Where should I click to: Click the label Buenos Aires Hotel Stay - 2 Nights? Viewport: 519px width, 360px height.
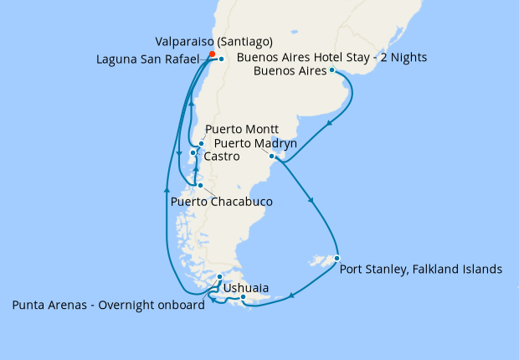click(x=332, y=58)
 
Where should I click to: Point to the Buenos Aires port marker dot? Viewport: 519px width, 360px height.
click(x=333, y=71)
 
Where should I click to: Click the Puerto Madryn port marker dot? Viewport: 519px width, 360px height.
click(x=272, y=156)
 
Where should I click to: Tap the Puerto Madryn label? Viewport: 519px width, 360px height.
click(x=254, y=143)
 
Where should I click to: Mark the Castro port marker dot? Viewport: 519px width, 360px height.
click(x=193, y=152)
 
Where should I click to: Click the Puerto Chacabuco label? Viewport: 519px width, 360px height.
click(x=222, y=202)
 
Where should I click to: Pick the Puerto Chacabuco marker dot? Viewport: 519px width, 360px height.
click(x=199, y=186)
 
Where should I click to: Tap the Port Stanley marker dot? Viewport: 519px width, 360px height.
click(x=337, y=258)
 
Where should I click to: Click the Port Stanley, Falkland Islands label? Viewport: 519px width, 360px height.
click(x=421, y=270)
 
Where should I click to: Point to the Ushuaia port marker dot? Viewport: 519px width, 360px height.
click(x=243, y=297)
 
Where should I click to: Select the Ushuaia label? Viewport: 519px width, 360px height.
click(x=246, y=288)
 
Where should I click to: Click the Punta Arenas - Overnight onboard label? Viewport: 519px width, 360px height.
click(x=109, y=306)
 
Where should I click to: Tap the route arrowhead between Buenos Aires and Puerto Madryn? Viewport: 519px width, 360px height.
click(x=331, y=124)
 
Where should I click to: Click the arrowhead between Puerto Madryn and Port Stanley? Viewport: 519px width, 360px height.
click(x=312, y=201)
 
